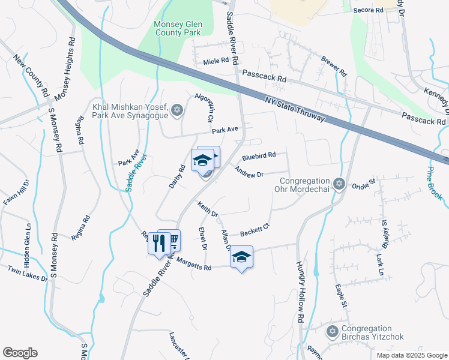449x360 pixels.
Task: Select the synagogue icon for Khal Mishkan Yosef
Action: tap(176, 109)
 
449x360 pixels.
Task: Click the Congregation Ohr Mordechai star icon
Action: tap(339, 183)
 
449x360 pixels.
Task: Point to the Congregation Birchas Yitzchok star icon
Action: tap(331, 331)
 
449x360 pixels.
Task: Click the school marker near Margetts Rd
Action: tap(241, 257)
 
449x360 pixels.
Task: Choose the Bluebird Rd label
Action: tap(259, 156)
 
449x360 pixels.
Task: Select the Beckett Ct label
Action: tap(256, 230)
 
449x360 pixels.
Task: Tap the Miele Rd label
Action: tap(216, 61)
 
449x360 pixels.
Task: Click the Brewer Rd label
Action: tap(334, 66)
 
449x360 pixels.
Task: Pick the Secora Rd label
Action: tap(368, 10)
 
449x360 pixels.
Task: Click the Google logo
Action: tap(20, 353)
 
